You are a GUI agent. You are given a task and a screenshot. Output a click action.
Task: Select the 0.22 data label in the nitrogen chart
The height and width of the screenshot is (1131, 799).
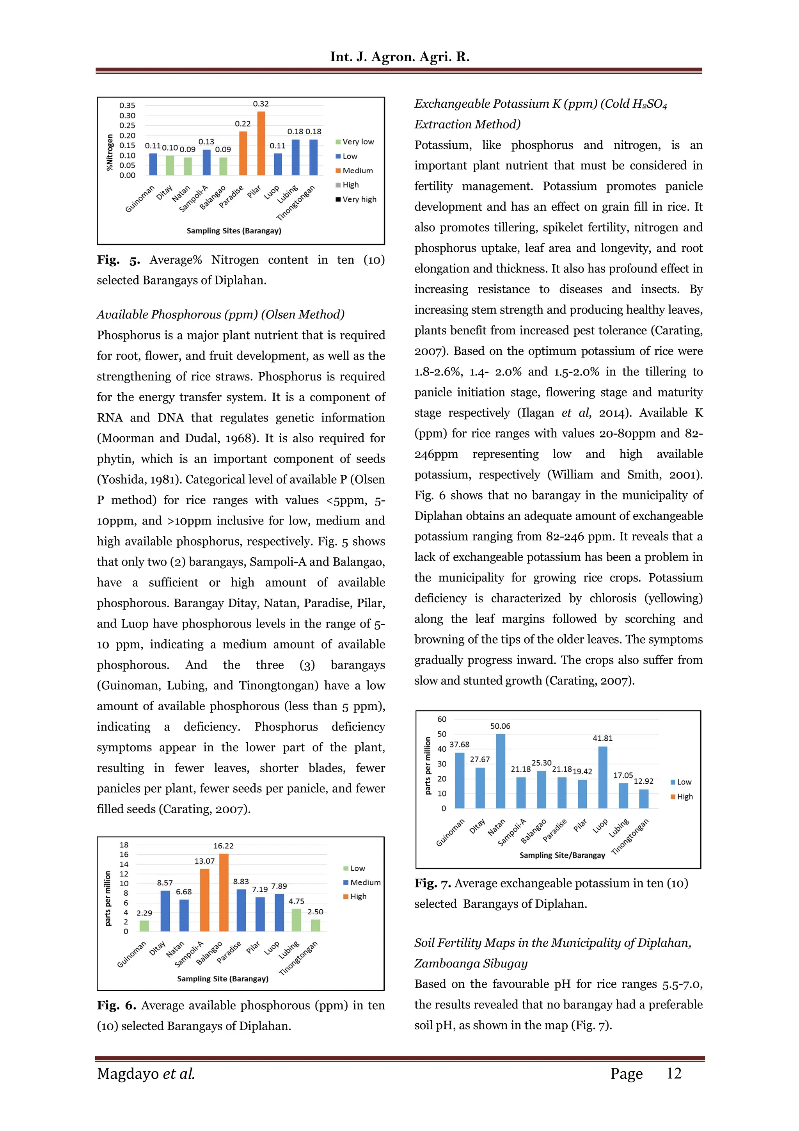[243, 124]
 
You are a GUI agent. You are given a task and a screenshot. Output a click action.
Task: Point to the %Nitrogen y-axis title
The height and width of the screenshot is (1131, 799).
[110, 152]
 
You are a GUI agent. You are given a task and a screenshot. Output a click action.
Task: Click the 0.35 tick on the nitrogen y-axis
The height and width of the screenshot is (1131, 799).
[127, 105]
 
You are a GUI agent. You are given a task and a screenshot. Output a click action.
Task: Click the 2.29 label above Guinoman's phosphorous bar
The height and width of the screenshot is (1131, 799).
[144, 913]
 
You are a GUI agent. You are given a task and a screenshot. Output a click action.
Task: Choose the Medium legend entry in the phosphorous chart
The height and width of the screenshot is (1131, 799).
[365, 882]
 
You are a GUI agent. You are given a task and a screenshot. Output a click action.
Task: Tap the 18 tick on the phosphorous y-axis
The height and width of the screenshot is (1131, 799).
[124, 845]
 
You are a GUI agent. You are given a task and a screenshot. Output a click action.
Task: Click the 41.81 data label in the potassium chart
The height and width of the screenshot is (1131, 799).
[603, 738]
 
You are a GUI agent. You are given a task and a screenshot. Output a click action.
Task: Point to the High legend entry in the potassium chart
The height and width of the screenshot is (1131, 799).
[684, 797]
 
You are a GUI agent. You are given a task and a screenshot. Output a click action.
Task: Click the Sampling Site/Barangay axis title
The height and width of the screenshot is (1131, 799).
[562, 855]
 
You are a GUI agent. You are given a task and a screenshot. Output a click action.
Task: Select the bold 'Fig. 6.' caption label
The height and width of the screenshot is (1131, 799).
[116, 1005]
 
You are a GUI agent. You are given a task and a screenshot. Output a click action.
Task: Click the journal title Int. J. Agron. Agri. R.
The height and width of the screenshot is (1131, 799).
[399, 57]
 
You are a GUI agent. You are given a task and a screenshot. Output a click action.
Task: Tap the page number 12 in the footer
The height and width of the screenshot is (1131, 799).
[673, 1073]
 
